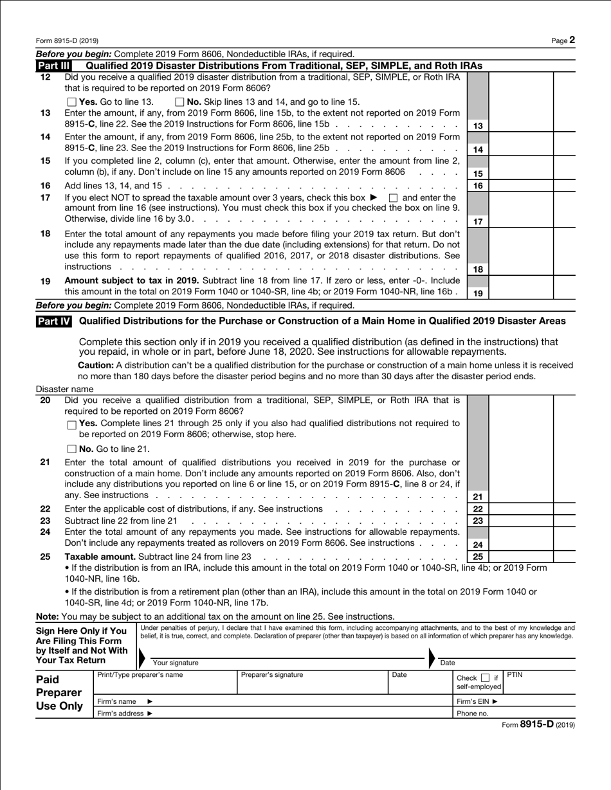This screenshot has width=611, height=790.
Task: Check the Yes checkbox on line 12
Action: pyautogui.click(x=71, y=102)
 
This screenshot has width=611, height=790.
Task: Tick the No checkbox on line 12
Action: pyautogui.click(x=179, y=102)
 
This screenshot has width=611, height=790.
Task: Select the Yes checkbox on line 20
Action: pyautogui.click(x=71, y=424)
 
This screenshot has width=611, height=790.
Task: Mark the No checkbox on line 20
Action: pyautogui.click(x=71, y=449)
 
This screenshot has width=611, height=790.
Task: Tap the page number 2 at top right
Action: pyautogui.click(x=572, y=40)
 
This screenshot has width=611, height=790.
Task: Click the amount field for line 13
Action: pyautogui.click(x=521, y=125)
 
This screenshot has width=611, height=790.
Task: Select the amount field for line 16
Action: pyautogui.click(x=521, y=186)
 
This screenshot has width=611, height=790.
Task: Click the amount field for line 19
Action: pyautogui.click(x=521, y=292)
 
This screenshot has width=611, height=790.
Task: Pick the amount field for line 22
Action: pyautogui.click(x=521, y=508)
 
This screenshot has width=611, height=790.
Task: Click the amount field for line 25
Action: pyautogui.click(x=521, y=557)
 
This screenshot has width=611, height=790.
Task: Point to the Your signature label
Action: pyautogui.click(x=175, y=663)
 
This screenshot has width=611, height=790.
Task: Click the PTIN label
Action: pyautogui.click(x=515, y=674)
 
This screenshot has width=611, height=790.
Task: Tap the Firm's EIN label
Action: pyautogui.click(x=477, y=701)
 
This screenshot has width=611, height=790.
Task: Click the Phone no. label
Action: pyautogui.click(x=472, y=714)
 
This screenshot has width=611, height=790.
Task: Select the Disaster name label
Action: pyautogui.click(x=64, y=389)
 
